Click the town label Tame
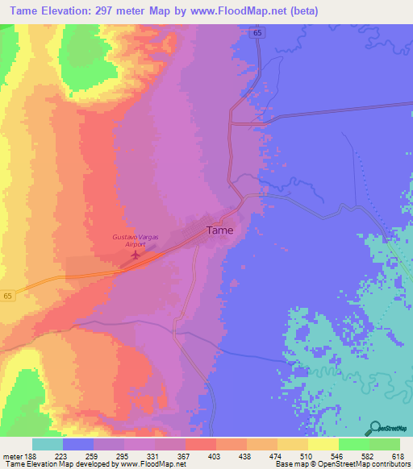220,230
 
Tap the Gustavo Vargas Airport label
133,241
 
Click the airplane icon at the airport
135,256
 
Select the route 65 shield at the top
257,31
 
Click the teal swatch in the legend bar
48,444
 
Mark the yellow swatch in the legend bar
323,444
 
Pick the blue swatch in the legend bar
78,444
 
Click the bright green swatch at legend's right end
385,444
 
